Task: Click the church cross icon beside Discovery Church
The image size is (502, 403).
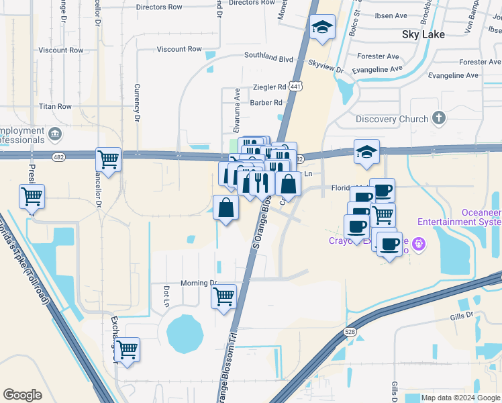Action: pyautogui.click(x=439, y=119)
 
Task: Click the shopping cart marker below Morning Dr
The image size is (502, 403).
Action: pyautogui.click(x=223, y=296)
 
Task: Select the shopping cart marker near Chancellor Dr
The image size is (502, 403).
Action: pyautogui.click(x=108, y=160)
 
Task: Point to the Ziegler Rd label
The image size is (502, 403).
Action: pyautogui.click(x=268, y=87)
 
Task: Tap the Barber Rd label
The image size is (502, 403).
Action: pyautogui.click(x=266, y=103)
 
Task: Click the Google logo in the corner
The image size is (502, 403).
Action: pyautogui.click(x=22, y=395)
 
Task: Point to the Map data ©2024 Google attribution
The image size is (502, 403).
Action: pyautogui.click(x=460, y=398)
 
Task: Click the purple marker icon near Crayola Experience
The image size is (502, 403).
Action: pyautogui.click(x=419, y=242)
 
